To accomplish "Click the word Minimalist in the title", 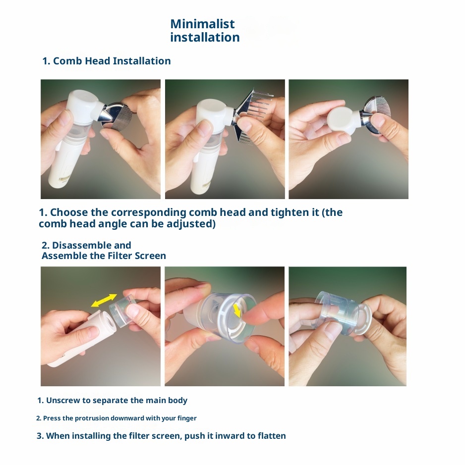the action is [202, 24].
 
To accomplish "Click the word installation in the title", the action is [205, 37].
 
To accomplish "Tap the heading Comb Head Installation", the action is [112, 61].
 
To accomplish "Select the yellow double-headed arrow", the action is [104, 300].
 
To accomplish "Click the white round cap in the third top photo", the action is [342, 120].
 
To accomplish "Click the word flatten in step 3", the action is [272, 436].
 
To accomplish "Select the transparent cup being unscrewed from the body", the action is [122, 310].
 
